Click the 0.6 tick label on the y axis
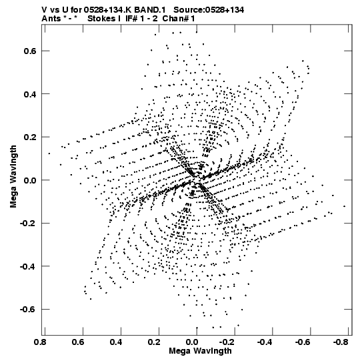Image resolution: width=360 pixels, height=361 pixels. [x=30, y=51]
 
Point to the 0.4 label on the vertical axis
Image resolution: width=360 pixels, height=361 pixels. [x=30, y=94]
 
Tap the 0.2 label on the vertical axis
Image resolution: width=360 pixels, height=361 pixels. [x=30, y=137]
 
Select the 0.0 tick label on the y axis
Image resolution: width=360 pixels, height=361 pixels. [x=30, y=180]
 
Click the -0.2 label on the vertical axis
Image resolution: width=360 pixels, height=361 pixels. [x=28, y=224]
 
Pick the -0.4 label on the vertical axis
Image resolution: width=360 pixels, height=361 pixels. [x=28, y=266]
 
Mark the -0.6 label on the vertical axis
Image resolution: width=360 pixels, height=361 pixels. [x=28, y=310]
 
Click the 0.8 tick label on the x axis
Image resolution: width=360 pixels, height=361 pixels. [x=40, y=342]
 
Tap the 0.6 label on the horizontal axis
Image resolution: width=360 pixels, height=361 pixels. [x=78, y=342]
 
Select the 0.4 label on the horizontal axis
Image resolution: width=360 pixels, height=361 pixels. [x=116, y=342]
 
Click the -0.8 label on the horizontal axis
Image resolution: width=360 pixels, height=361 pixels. [x=341, y=342]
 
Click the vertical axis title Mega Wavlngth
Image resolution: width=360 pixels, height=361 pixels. [x=13, y=177]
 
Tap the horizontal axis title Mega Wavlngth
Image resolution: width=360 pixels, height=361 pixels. [x=201, y=351]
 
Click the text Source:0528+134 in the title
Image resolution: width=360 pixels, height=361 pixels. [x=209, y=10]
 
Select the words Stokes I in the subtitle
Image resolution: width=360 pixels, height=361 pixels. [x=104, y=19]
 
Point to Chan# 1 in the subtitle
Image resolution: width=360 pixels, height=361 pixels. [x=179, y=19]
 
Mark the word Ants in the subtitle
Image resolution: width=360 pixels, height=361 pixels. [x=51, y=19]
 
